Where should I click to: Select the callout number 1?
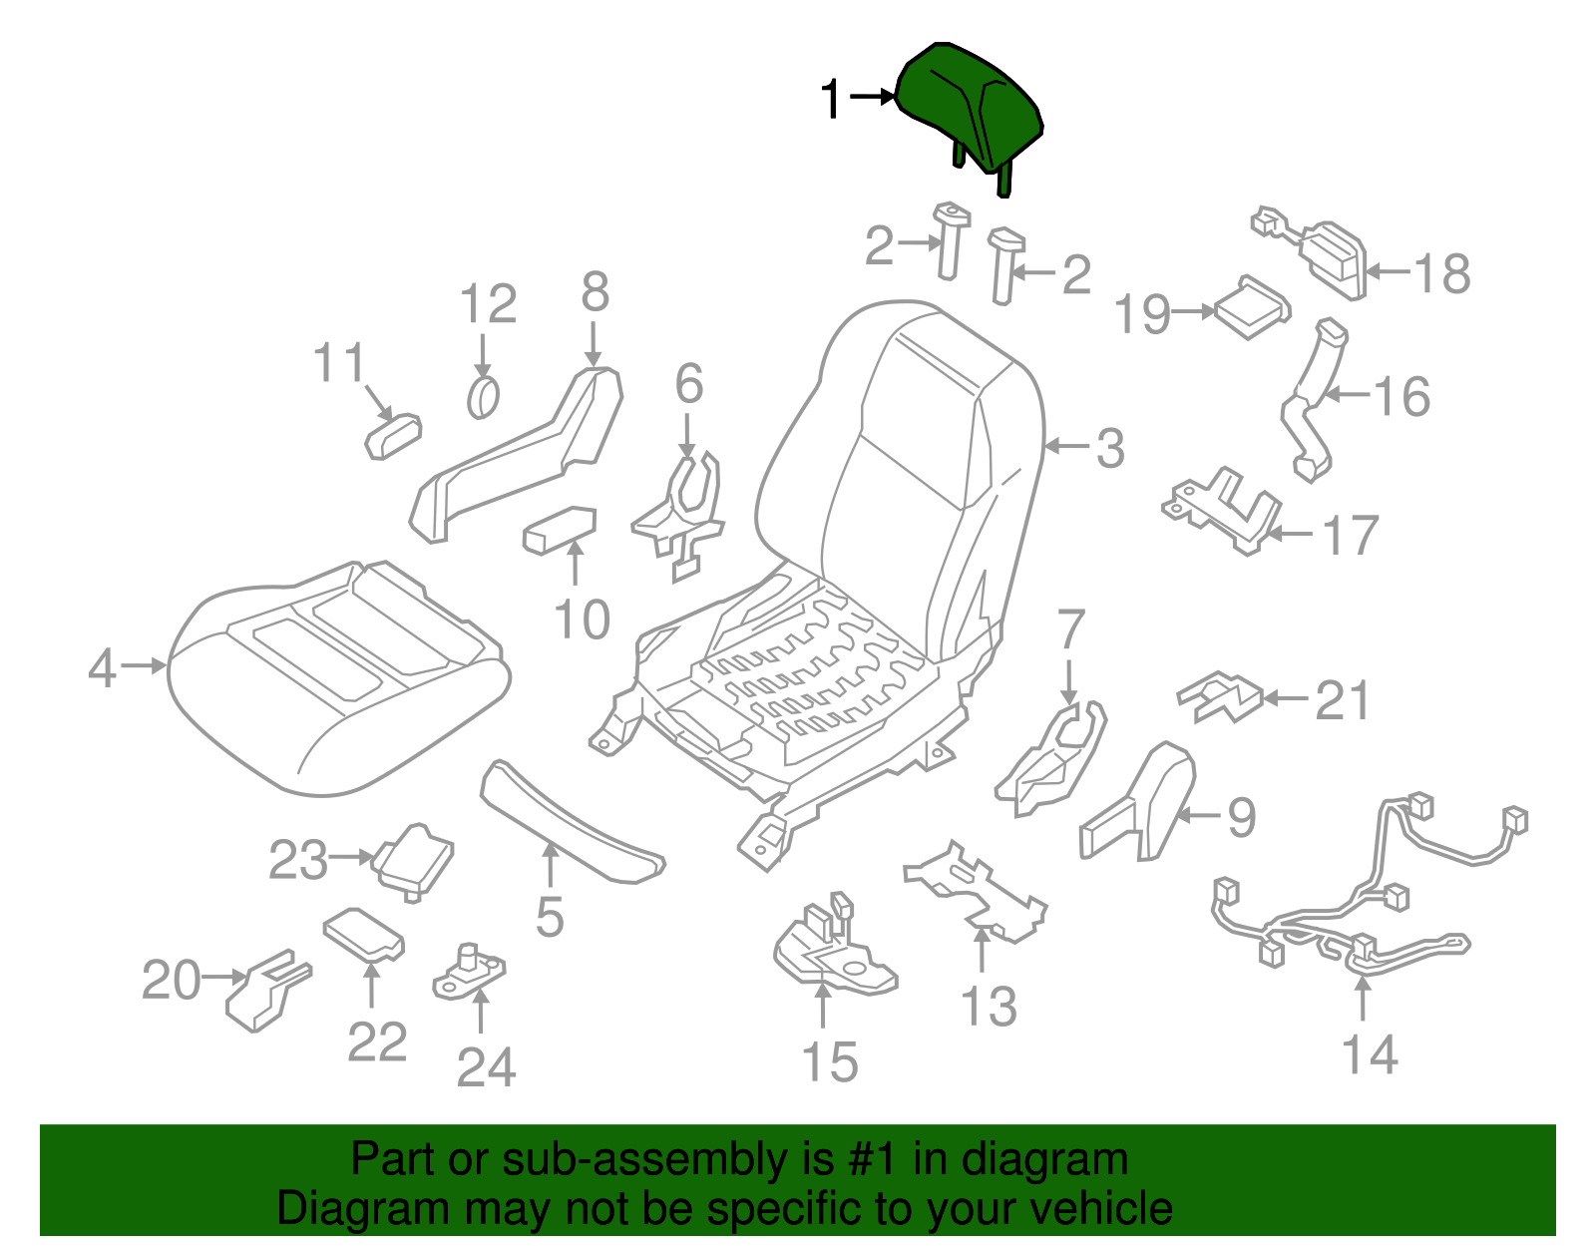(831, 100)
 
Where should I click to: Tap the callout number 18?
(1442, 273)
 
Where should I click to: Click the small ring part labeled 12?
(483, 399)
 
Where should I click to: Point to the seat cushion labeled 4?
(339, 678)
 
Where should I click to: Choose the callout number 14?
(1369, 1055)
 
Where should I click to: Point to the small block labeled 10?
(560, 529)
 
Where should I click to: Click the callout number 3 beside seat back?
(1110, 448)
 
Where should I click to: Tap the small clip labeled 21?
(1219, 696)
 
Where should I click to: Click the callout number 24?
(486, 1068)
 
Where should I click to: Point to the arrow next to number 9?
(1198, 815)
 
